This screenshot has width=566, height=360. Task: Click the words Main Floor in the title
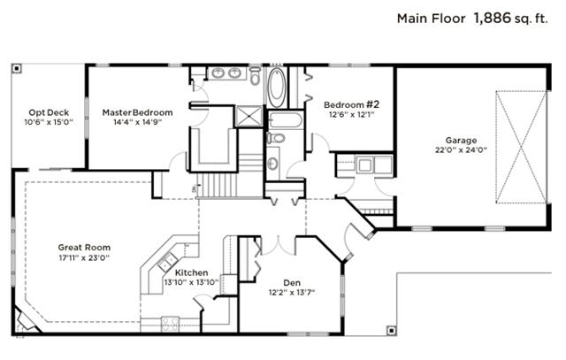[431, 19]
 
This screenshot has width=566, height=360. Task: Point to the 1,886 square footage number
[493, 18]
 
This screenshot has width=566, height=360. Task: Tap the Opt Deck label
[49, 112]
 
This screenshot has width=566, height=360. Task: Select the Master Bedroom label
[137, 112]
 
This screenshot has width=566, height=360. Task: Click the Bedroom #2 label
[352, 104]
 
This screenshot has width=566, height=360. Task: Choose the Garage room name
[461, 140]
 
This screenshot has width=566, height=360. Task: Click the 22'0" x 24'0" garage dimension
[461, 149]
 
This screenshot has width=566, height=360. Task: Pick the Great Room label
[84, 248]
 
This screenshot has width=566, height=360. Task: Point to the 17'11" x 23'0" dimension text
[84, 257]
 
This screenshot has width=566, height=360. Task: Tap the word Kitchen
[191, 272]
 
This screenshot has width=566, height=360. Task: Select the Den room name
[292, 283]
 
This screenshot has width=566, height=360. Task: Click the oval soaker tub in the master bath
[277, 87]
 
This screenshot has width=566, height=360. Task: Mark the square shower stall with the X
[249, 116]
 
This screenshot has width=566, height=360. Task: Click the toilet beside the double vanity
[255, 75]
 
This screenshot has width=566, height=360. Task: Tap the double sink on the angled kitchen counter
[167, 262]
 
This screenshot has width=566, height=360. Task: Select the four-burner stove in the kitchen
[170, 324]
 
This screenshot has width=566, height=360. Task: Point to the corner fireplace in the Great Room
[26, 321]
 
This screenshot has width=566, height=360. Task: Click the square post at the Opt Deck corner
[17, 68]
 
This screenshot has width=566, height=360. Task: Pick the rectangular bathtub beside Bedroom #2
[285, 120]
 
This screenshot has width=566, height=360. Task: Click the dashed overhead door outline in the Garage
[521, 148]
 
